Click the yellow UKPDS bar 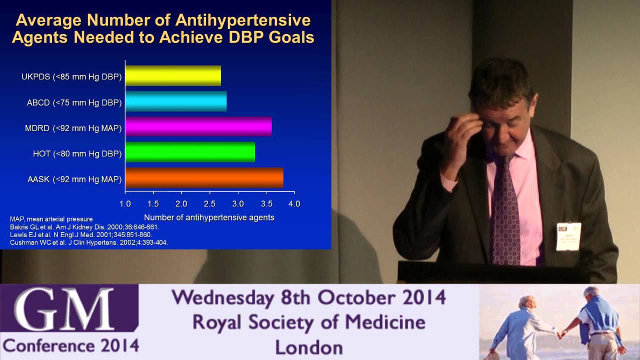click(173, 75)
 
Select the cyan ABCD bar click(176, 101)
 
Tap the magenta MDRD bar click(198, 126)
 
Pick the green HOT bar click(190, 152)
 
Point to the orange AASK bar click(204, 177)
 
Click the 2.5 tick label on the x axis click(209, 204)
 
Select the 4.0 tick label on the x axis click(294, 204)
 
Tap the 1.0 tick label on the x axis click(125, 204)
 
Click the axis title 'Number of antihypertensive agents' click(209, 217)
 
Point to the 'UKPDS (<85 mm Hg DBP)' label click(71, 76)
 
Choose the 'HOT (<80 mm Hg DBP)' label click(74, 153)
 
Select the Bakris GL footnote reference click(84, 227)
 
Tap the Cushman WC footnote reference click(89, 242)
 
